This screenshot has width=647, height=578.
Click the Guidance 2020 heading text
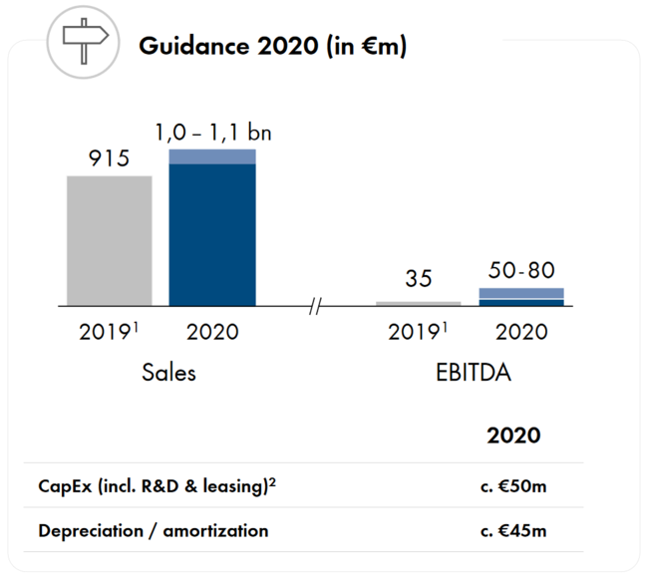coord(272,46)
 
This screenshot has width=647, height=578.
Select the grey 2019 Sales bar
coord(110,240)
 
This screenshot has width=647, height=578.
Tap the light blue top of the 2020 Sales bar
coord(212,155)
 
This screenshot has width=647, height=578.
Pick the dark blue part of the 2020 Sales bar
coord(212,234)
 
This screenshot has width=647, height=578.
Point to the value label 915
coord(109,157)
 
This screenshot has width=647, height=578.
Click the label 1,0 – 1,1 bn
coord(211,131)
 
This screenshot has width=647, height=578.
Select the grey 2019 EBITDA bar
coord(419,303)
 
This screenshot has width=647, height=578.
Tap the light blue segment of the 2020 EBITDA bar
coord(521,293)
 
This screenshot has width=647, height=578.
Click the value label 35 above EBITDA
coord(420,279)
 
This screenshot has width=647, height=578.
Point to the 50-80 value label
coord(522,269)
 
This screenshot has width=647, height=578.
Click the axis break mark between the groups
coord(316,306)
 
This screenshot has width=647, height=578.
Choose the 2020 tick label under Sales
coord(212,332)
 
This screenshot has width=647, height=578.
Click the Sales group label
coord(168,373)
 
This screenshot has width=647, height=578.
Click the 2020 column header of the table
coord(513,435)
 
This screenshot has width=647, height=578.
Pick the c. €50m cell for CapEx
coord(512,486)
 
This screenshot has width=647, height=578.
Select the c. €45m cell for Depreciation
coord(512,530)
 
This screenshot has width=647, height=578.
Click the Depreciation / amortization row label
coord(154,530)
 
